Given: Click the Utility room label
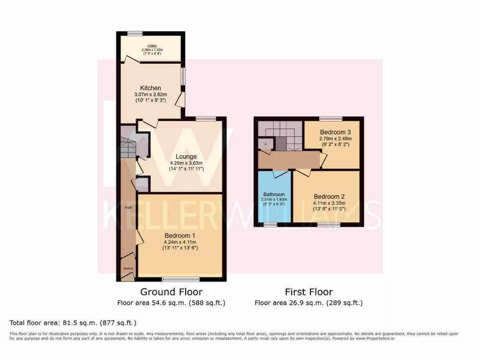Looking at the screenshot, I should [149, 46].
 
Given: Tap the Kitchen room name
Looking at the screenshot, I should [150, 88].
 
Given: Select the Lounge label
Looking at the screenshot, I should [186, 157].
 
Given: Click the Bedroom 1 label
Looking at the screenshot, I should [180, 235].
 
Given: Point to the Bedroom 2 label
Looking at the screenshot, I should [330, 196].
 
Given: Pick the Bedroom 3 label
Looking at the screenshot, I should [336, 132].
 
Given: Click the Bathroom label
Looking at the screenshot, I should [274, 195].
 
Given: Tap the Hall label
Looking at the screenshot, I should [128, 207].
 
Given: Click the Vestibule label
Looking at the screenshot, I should [128, 268].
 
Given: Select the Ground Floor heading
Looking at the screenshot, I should [172, 292].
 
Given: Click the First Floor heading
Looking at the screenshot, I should [309, 292].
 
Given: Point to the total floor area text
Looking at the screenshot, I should [73, 322].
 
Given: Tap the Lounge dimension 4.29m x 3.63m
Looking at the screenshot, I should [186, 163].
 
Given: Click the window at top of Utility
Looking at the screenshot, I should [135, 33].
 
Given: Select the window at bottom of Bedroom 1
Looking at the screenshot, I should [181, 279].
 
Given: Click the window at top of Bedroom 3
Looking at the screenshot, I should [331, 119].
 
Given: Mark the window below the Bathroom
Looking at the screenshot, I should [270, 225].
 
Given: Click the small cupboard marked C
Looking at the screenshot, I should [266, 144].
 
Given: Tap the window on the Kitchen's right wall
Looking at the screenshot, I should [183, 76].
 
